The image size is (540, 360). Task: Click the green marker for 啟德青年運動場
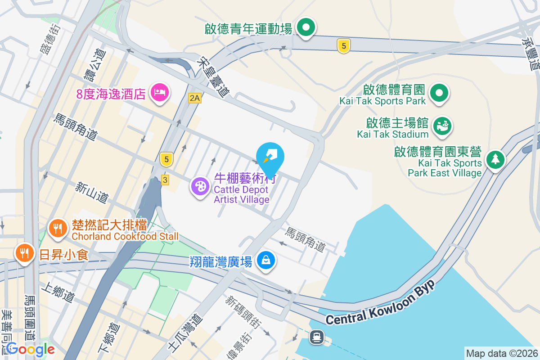[306, 27]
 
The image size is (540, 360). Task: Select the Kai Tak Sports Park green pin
[439, 93]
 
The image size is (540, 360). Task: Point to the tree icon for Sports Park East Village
[495, 159]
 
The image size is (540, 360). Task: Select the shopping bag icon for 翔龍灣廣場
[266, 260]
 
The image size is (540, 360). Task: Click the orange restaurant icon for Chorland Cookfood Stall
[57, 228]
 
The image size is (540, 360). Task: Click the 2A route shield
[194, 98]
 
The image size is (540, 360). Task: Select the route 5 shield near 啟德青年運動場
[343, 45]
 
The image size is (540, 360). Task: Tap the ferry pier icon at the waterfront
[317, 336]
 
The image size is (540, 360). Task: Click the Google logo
[30, 349]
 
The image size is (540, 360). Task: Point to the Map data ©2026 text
[502, 353]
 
